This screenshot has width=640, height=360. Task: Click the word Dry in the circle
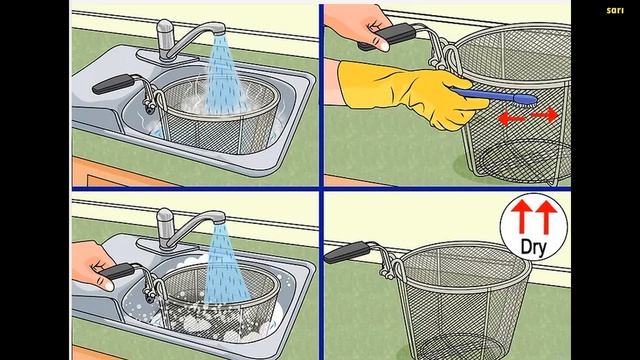click(533, 247)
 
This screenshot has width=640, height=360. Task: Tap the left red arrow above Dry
click(522, 217)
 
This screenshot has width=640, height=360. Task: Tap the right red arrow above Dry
click(546, 217)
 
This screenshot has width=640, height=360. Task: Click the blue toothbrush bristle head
click(527, 99)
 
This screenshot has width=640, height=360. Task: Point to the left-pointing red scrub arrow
click(512, 119)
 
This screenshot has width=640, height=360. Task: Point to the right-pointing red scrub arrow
click(545, 115)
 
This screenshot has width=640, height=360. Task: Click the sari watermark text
click(615, 10)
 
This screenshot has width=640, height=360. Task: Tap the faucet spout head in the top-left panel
click(216, 29)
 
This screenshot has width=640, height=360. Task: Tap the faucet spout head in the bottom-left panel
click(216, 217)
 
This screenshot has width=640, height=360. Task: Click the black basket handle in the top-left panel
click(112, 84)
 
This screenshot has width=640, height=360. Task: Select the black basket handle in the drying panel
click(347, 252)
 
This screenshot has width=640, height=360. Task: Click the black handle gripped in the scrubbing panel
click(388, 36)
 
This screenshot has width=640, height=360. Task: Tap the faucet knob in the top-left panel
click(164, 38)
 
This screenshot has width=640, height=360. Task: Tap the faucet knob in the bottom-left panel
click(165, 227)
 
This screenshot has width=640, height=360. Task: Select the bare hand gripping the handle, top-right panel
click(359, 27)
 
